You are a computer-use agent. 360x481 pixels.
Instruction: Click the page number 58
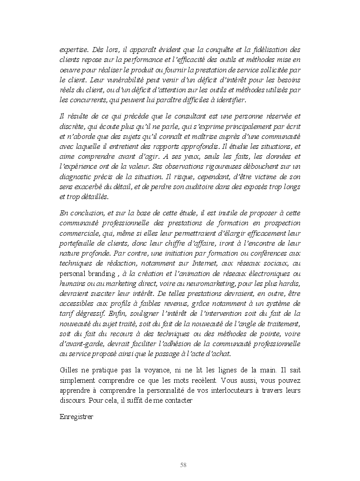point(183,465)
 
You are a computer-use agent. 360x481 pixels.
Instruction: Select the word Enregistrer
point(77,417)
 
